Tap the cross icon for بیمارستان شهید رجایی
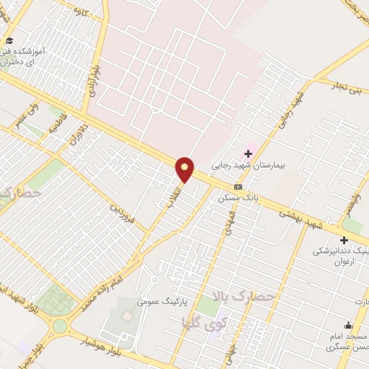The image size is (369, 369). [249, 154]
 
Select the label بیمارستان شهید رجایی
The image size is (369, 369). [249, 165]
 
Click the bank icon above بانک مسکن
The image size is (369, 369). [239, 187]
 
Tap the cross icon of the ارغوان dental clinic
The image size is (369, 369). [344, 240]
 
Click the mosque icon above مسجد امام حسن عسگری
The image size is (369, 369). [349, 325]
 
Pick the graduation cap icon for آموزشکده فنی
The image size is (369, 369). [9, 40]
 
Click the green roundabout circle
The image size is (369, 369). [59, 326]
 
